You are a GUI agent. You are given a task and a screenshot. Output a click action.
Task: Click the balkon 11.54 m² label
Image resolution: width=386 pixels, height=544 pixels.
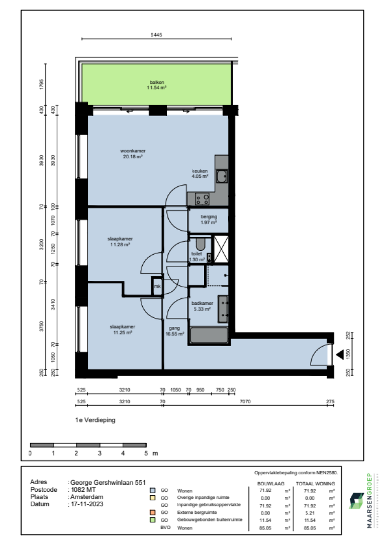pyautogui.click(x=156, y=85)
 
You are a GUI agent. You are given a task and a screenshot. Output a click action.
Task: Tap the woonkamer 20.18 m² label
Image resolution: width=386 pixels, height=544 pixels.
pyautogui.click(x=132, y=154)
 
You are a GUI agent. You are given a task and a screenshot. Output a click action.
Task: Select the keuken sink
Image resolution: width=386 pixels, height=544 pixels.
pyautogui.click(x=222, y=176)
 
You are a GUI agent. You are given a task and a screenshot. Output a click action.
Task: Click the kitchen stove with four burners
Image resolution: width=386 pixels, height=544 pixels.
pyautogui.click(x=203, y=199)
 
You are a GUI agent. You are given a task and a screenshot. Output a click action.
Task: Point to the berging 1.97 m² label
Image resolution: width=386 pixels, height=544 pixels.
pyautogui.click(x=209, y=220)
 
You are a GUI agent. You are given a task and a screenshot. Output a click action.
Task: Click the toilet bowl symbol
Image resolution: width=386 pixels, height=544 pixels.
pyautogui.click(x=201, y=245)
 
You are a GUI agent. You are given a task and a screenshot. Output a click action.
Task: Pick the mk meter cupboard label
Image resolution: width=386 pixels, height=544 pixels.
pyautogui.click(x=157, y=287)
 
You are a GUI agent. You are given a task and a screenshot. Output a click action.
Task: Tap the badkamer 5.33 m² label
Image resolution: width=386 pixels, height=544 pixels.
pyautogui.click(x=202, y=306)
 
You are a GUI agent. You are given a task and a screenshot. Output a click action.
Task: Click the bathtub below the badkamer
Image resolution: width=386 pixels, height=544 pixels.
pyautogui.click(x=209, y=336)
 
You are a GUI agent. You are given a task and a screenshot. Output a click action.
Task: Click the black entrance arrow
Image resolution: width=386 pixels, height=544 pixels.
pyautogui.click(x=340, y=355)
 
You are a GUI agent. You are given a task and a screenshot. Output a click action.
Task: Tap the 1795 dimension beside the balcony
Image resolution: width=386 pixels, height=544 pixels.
pyautogui.click(x=42, y=84)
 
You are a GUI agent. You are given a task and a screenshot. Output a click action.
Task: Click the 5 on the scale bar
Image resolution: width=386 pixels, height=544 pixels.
pyautogui.click(x=146, y=453)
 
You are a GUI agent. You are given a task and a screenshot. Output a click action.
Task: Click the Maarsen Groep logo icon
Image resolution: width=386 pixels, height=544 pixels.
pyautogui.click(x=357, y=501)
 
